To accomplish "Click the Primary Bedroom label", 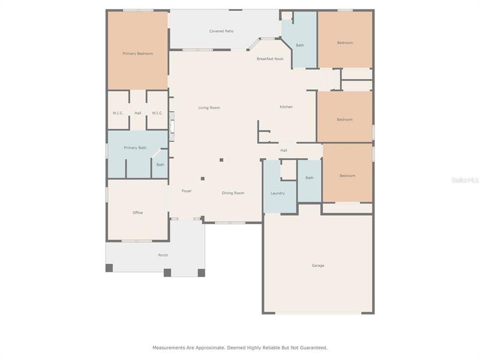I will point(138,54).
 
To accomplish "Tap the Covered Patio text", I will point(221,31).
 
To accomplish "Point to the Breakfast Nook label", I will point(270,59).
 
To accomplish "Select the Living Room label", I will point(209,108).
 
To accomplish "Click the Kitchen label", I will point(286,107).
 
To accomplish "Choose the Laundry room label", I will point(277,193).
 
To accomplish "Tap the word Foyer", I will point(187,191).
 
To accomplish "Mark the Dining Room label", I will point(233,193).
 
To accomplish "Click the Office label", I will point(137,213).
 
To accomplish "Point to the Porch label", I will point(163,256).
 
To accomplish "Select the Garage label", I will point(317,265).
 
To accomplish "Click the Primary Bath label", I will point(135,148).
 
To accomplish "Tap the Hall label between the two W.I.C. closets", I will point(138,113).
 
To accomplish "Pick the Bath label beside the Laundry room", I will point(310,178).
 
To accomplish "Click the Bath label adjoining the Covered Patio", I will point(299,46).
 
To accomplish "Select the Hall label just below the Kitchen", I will point(284,151).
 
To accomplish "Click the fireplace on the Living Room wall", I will point(172,126).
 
